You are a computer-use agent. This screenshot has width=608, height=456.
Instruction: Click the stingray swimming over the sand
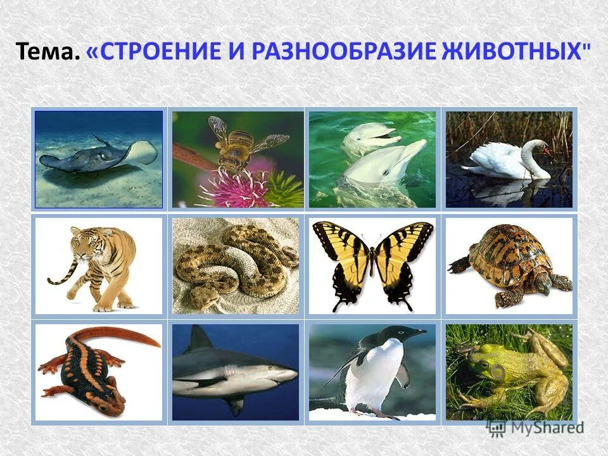(95, 155)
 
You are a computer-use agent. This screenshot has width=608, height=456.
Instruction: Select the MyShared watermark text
(545, 427)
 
